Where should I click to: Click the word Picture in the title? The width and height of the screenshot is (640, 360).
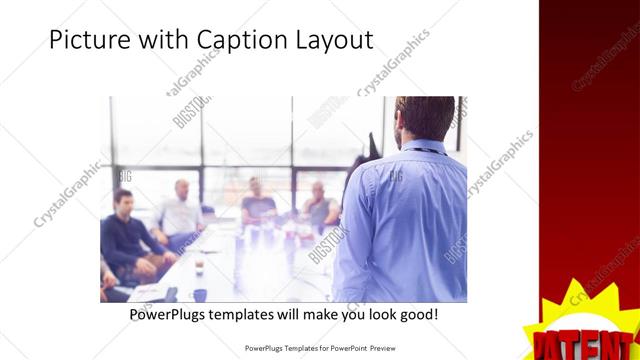[85, 41]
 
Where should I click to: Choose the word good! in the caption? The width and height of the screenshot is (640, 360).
[417, 315]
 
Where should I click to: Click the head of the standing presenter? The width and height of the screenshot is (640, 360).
[416, 118]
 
